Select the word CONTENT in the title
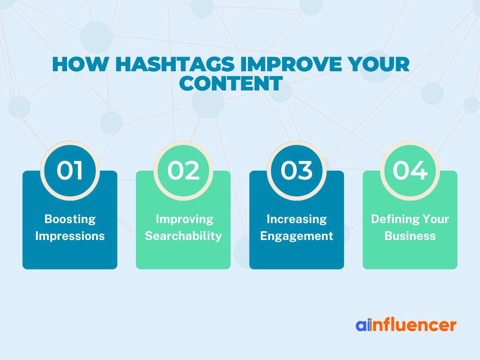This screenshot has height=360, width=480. click(231, 83)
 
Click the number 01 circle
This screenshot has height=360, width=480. click(70, 171)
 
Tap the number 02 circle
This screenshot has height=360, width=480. click(183, 171)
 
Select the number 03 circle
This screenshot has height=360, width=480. click(297, 171)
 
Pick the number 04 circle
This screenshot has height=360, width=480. click(410, 171)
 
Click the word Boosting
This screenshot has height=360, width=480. click(70, 219)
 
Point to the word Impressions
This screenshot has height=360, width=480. click(70, 236)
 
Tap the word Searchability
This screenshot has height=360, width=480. click(183, 236)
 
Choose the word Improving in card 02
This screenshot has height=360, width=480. click(185, 219)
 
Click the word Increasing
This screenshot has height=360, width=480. click(297, 219)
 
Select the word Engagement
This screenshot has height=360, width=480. click(297, 236)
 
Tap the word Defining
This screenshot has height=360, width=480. click(395, 219)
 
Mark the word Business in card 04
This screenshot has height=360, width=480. click(410, 236)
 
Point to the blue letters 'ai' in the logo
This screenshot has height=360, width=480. click(363, 325)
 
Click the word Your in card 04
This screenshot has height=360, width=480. click(435, 219)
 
